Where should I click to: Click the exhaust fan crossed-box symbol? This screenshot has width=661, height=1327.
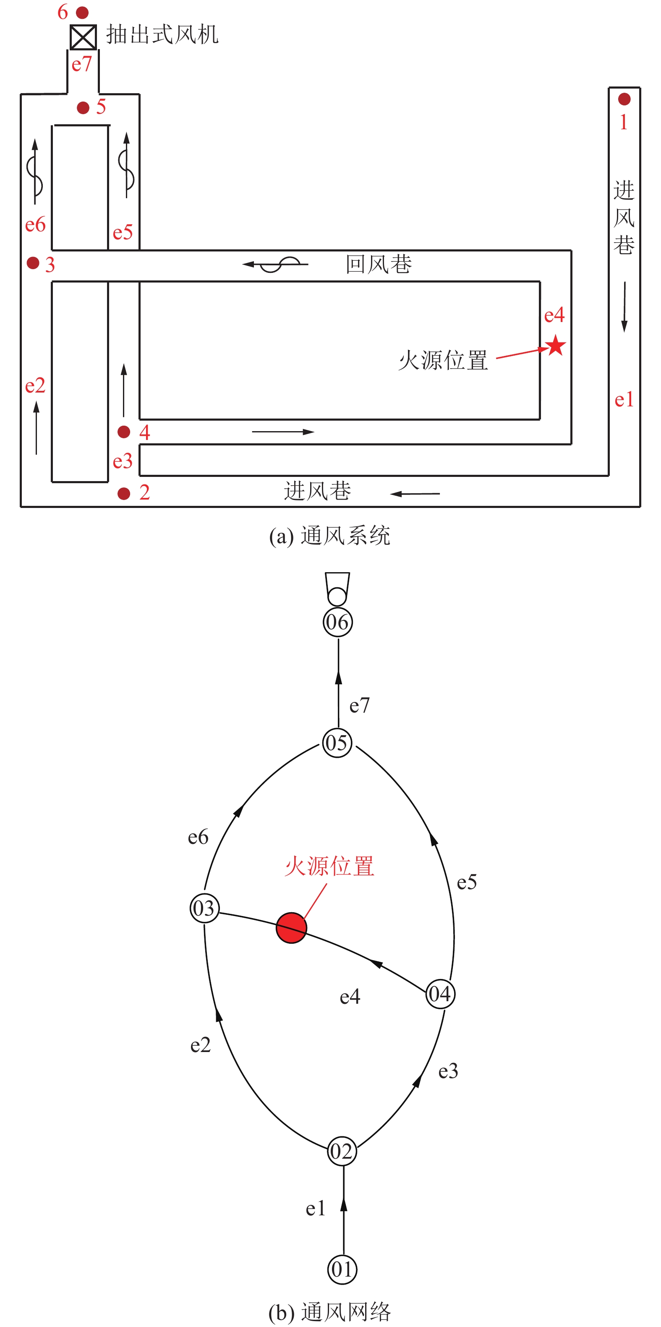[x=83, y=37]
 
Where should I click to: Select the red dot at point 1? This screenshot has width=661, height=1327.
[x=624, y=99]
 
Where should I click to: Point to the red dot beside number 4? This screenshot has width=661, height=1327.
[x=123, y=432]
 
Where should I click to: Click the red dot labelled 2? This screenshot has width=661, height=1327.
[x=123, y=494]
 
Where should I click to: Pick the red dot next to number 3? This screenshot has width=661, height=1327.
[x=33, y=263]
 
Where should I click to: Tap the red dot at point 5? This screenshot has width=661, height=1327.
[x=83, y=107]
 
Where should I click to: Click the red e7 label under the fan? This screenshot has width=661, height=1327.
[x=81, y=64]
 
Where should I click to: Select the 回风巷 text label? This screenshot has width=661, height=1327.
[x=379, y=264]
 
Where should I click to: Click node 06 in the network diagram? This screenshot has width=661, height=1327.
[x=338, y=622]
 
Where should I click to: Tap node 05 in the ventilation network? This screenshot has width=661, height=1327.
[x=337, y=743]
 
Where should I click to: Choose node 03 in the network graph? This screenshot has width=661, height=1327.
[x=204, y=908]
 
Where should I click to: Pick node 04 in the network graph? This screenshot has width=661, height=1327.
[x=440, y=994]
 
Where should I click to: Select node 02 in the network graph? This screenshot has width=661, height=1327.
[x=342, y=1152]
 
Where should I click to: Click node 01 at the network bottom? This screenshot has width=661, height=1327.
[x=342, y=1269]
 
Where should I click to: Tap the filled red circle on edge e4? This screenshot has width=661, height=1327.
[x=291, y=928]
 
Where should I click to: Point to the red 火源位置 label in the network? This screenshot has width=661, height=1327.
[x=329, y=866]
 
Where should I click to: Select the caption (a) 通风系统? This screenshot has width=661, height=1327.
[x=329, y=536]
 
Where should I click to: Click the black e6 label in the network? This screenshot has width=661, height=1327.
[x=198, y=837]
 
